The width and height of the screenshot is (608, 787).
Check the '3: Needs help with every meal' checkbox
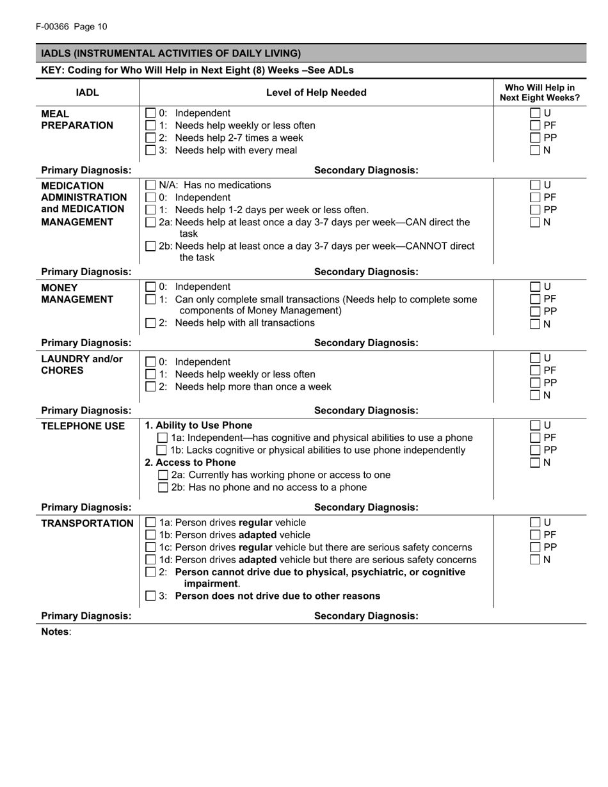point(150,150)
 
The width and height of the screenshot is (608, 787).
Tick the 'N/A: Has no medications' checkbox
point(150,185)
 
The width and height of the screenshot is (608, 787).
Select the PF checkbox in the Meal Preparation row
point(535,125)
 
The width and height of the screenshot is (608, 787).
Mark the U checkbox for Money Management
point(535,287)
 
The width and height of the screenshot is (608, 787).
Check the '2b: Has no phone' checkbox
point(163,488)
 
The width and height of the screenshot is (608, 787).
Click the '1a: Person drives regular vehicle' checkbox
point(150,523)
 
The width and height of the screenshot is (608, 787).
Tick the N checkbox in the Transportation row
point(535,560)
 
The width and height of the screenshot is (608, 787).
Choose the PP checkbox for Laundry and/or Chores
point(535,383)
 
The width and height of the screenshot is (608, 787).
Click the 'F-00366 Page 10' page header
point(72,27)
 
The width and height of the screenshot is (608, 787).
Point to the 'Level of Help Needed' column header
point(316,93)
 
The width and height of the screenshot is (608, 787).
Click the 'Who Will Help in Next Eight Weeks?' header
point(540,93)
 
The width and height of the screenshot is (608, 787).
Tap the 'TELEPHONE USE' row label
point(83,426)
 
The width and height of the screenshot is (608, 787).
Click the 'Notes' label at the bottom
point(56,632)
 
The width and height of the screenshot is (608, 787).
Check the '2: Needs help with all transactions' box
point(150,323)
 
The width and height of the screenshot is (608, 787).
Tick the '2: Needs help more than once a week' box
point(150,386)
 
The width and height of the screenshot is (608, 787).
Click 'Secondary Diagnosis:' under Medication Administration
point(366,272)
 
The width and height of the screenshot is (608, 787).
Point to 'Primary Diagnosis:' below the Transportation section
point(86,616)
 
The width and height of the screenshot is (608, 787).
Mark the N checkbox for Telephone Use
point(535,463)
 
